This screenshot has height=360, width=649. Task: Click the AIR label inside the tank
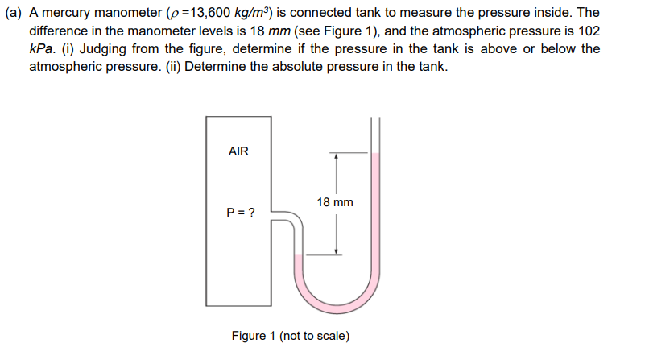tap(239, 151)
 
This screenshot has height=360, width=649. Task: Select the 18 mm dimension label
tap(335, 202)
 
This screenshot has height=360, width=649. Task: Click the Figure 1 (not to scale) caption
tap(290, 335)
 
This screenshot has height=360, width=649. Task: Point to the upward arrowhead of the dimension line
tap(336, 156)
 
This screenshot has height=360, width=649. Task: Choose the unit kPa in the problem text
tap(42, 49)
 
